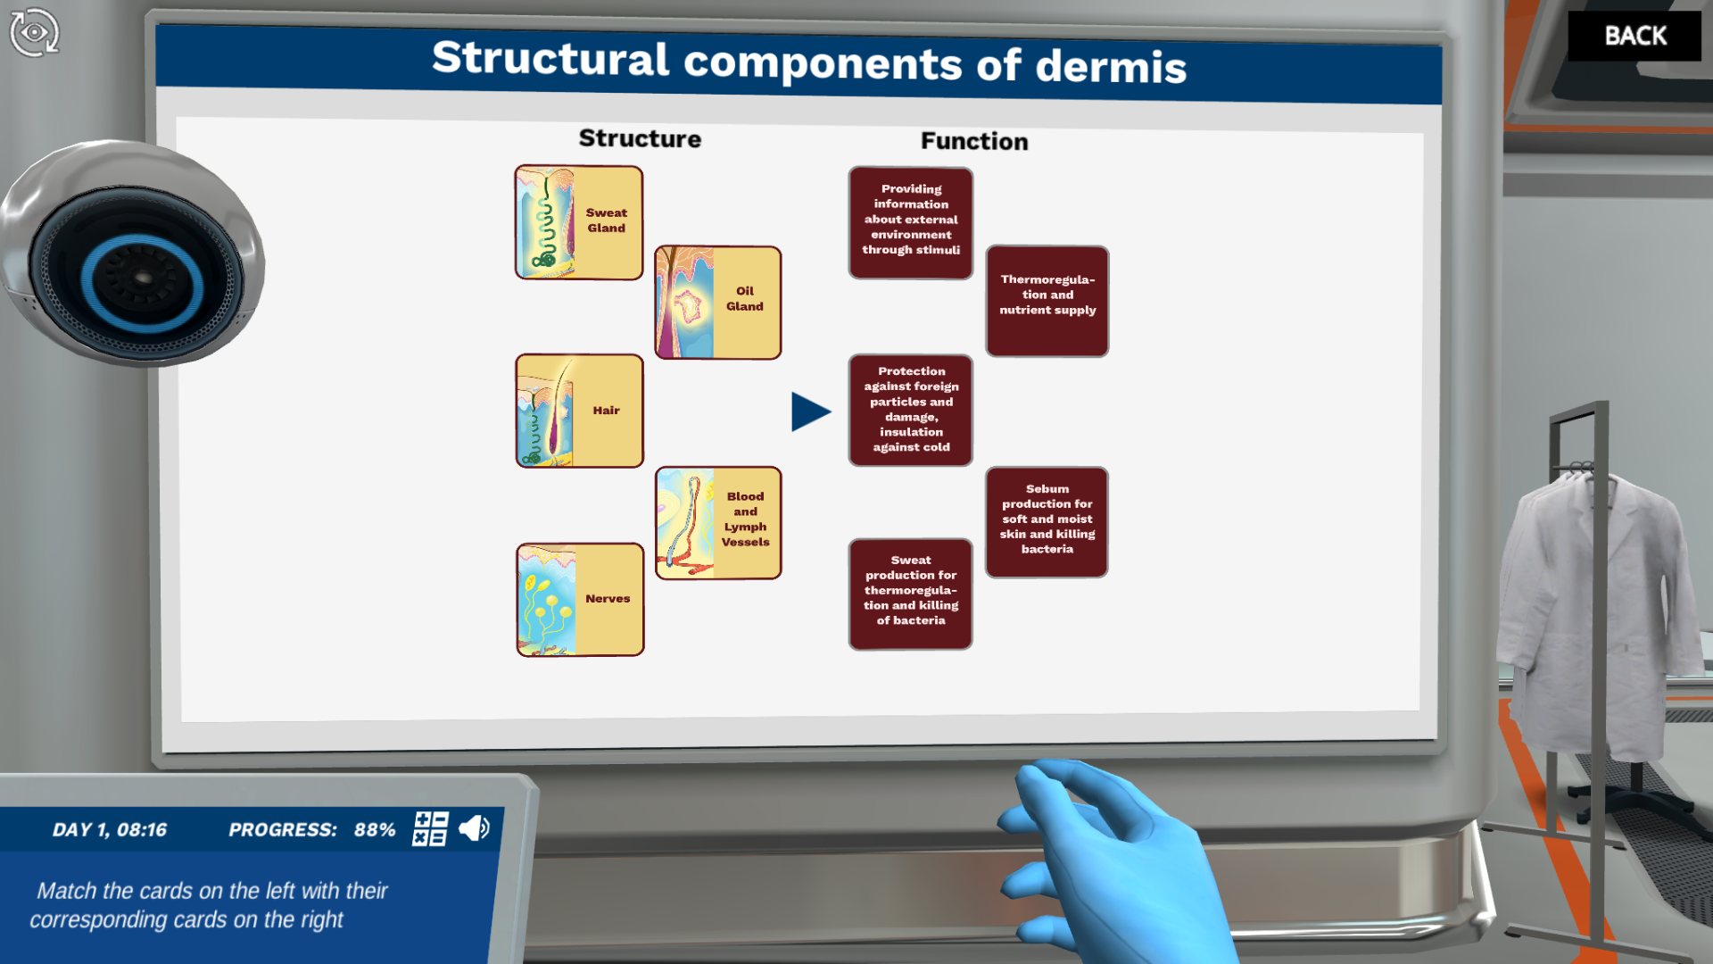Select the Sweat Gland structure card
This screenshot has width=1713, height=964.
[x=579, y=222]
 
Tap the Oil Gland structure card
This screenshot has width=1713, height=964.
[x=718, y=303]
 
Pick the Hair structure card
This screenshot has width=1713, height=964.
[x=579, y=411]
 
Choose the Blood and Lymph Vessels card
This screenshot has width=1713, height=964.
[x=718, y=523]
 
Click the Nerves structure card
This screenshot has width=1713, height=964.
[x=580, y=600]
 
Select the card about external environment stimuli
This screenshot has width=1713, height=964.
[x=911, y=222]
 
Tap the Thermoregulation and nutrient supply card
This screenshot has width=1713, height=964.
[x=1047, y=301]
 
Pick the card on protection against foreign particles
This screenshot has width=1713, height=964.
[x=911, y=410]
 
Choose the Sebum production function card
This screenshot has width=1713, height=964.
[x=1047, y=522]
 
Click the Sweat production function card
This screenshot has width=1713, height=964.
[x=911, y=594]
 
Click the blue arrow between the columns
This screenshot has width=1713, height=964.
[x=809, y=411]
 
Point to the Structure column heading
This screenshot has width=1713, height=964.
[x=640, y=138]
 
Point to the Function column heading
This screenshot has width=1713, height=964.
[x=974, y=141]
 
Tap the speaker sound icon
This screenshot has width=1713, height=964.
[x=474, y=828]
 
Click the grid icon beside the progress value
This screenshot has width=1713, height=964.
[x=430, y=828]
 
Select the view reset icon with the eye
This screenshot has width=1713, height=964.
[x=34, y=33]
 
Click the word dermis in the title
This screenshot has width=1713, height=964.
[x=1111, y=67]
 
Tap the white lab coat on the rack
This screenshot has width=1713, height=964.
[x=1597, y=607]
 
